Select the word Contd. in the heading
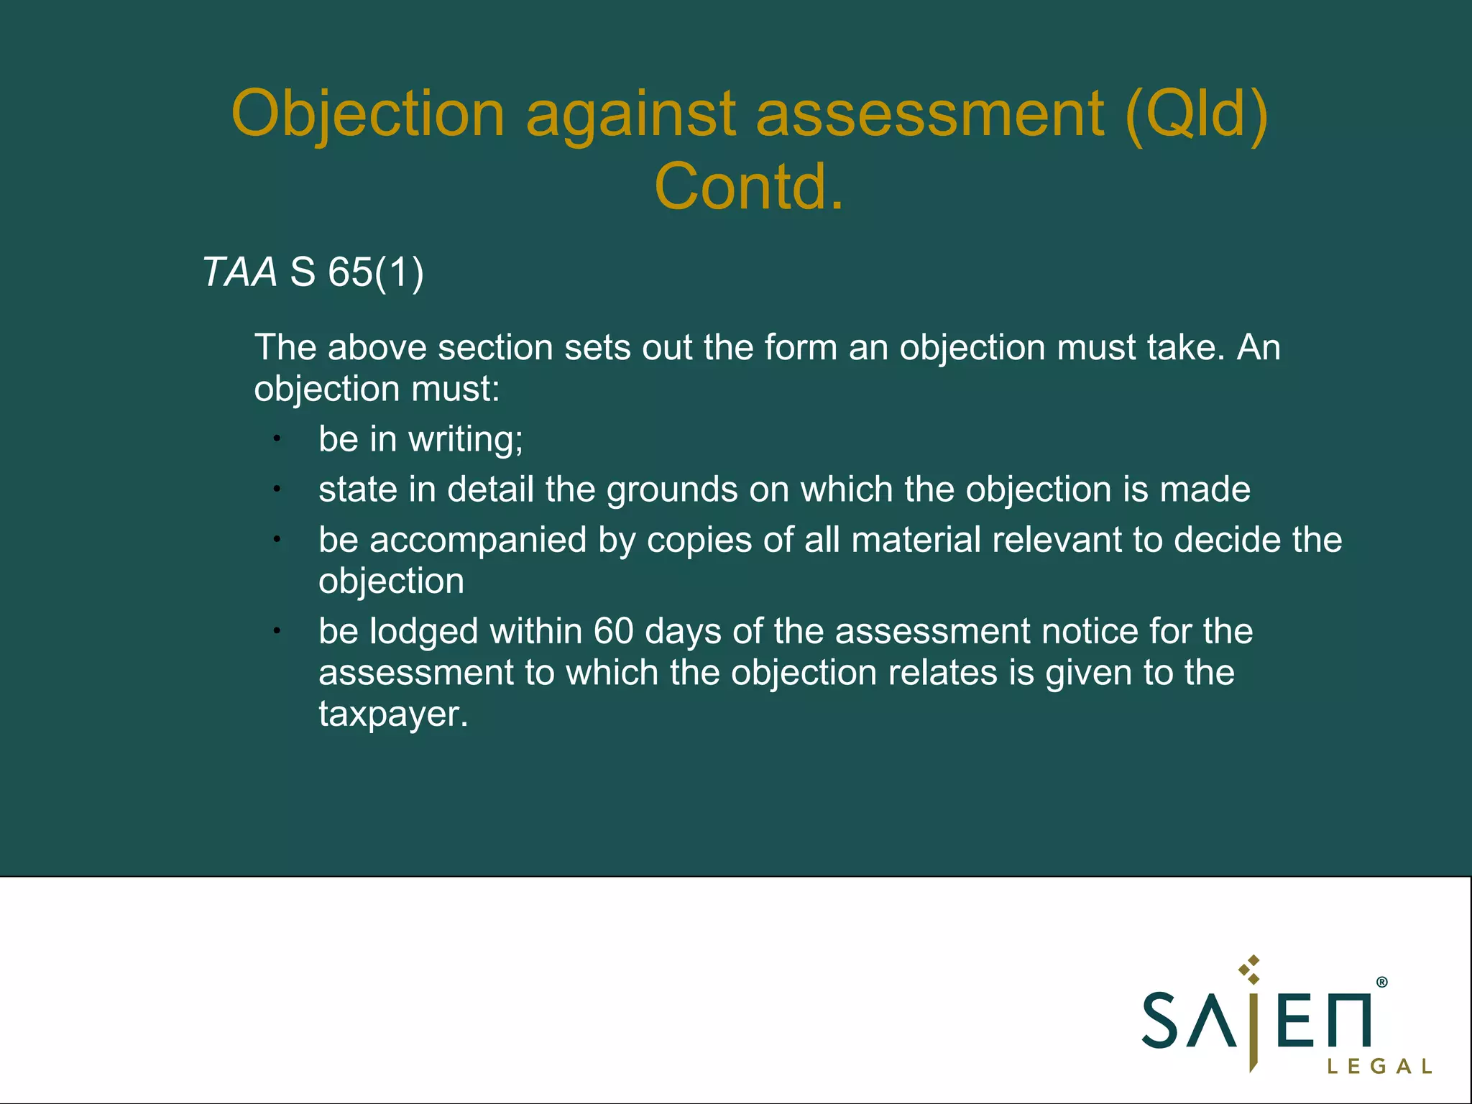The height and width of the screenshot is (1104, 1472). tap(749, 187)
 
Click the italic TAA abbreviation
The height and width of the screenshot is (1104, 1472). tap(239, 272)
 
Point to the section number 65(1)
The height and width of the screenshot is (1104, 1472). tap(376, 272)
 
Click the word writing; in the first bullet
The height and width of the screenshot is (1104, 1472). tap(466, 439)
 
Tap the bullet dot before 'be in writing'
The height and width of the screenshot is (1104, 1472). tap(277, 438)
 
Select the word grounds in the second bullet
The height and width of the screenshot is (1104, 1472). tap(672, 489)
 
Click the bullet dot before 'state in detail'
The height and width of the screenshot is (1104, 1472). tap(277, 489)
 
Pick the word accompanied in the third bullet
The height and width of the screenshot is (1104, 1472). tap(478, 540)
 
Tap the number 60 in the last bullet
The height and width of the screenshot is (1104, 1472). tap(613, 632)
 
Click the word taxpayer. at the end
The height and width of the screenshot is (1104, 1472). tap(393, 714)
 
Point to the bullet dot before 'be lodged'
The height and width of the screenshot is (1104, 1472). tap(277, 631)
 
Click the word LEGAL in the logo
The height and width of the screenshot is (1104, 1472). tap(1379, 1067)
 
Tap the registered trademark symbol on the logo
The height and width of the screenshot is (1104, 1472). tap(1381, 983)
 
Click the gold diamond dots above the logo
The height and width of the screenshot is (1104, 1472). tap(1251, 970)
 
